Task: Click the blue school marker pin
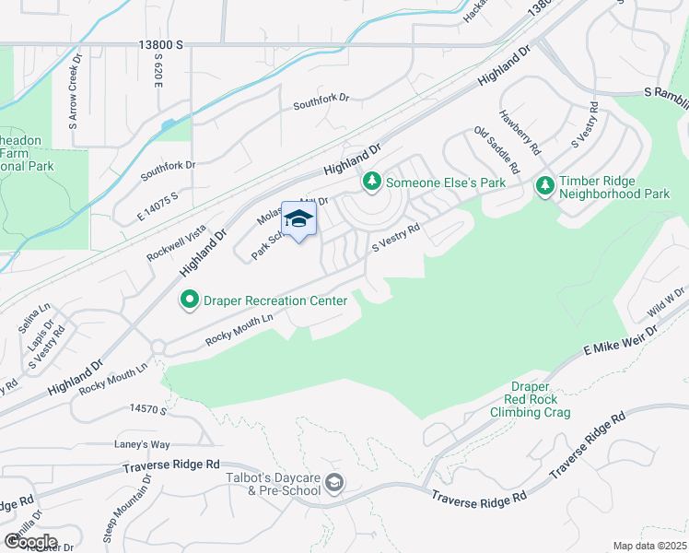pos(298,219)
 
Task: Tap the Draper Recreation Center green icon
pos(189,300)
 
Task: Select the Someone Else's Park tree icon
pos(372,182)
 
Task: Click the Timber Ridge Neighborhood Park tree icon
pos(545,186)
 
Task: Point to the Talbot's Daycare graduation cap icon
pos(334,484)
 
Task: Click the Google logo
pos(29,541)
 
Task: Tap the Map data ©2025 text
pos(648,546)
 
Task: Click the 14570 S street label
pos(147,407)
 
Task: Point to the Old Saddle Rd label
pos(496,150)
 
